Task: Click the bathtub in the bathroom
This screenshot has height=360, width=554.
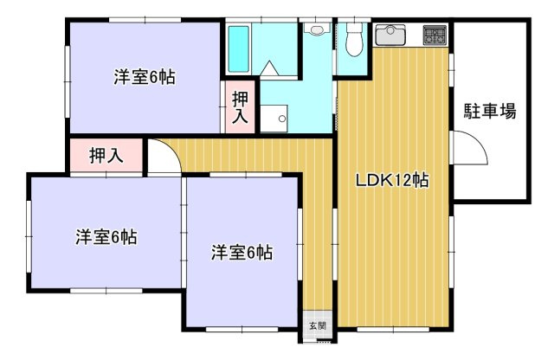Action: [238, 50]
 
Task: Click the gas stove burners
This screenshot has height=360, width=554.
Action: [434, 35]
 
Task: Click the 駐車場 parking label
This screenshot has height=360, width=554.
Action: [489, 111]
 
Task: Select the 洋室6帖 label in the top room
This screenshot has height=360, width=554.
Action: [144, 77]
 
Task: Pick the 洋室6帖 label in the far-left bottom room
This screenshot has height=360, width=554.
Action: [106, 235]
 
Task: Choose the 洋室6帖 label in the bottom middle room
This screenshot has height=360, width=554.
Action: [242, 253]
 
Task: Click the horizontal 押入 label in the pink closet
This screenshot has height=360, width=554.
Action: [106, 156]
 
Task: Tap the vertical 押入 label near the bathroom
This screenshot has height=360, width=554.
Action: [240, 106]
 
